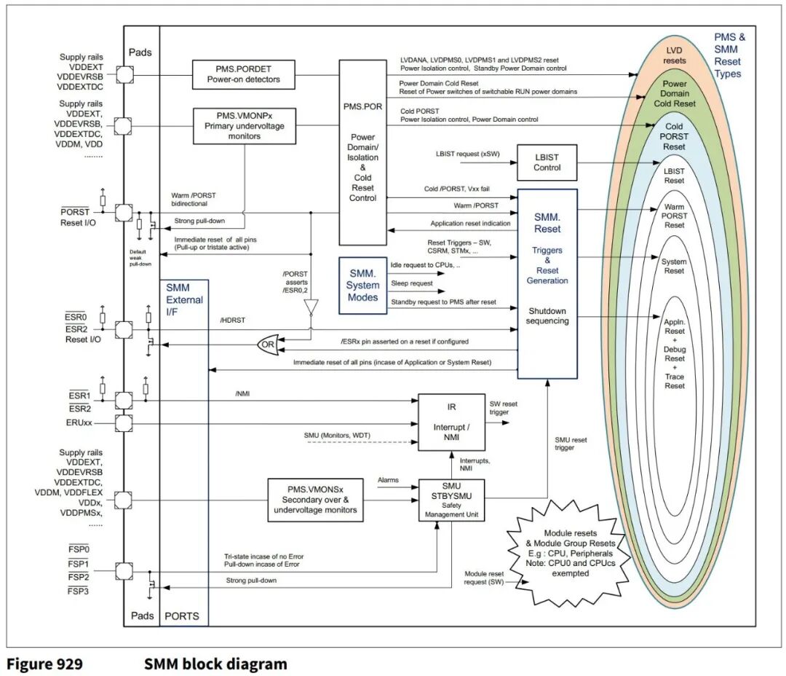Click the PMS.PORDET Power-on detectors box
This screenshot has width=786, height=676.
(244, 74)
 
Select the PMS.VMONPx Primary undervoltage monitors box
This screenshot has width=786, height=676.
(244, 125)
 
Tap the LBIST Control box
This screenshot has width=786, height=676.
(547, 162)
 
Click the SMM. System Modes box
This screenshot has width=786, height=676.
(362, 285)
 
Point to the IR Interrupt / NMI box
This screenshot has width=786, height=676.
(450, 422)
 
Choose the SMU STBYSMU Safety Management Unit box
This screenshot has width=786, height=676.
(452, 500)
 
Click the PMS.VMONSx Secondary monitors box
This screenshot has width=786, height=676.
(315, 499)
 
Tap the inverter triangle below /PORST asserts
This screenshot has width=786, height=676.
(311, 310)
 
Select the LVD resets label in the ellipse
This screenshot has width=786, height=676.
(674, 55)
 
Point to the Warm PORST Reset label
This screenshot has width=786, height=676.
(675, 216)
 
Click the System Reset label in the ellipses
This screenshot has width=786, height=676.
(674, 266)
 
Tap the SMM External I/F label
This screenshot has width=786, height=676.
(184, 299)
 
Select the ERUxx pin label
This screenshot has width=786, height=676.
(78, 422)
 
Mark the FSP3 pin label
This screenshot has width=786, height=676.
(78, 591)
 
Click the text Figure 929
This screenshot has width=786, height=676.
(44, 664)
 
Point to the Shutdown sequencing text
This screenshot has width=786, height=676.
(547, 317)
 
